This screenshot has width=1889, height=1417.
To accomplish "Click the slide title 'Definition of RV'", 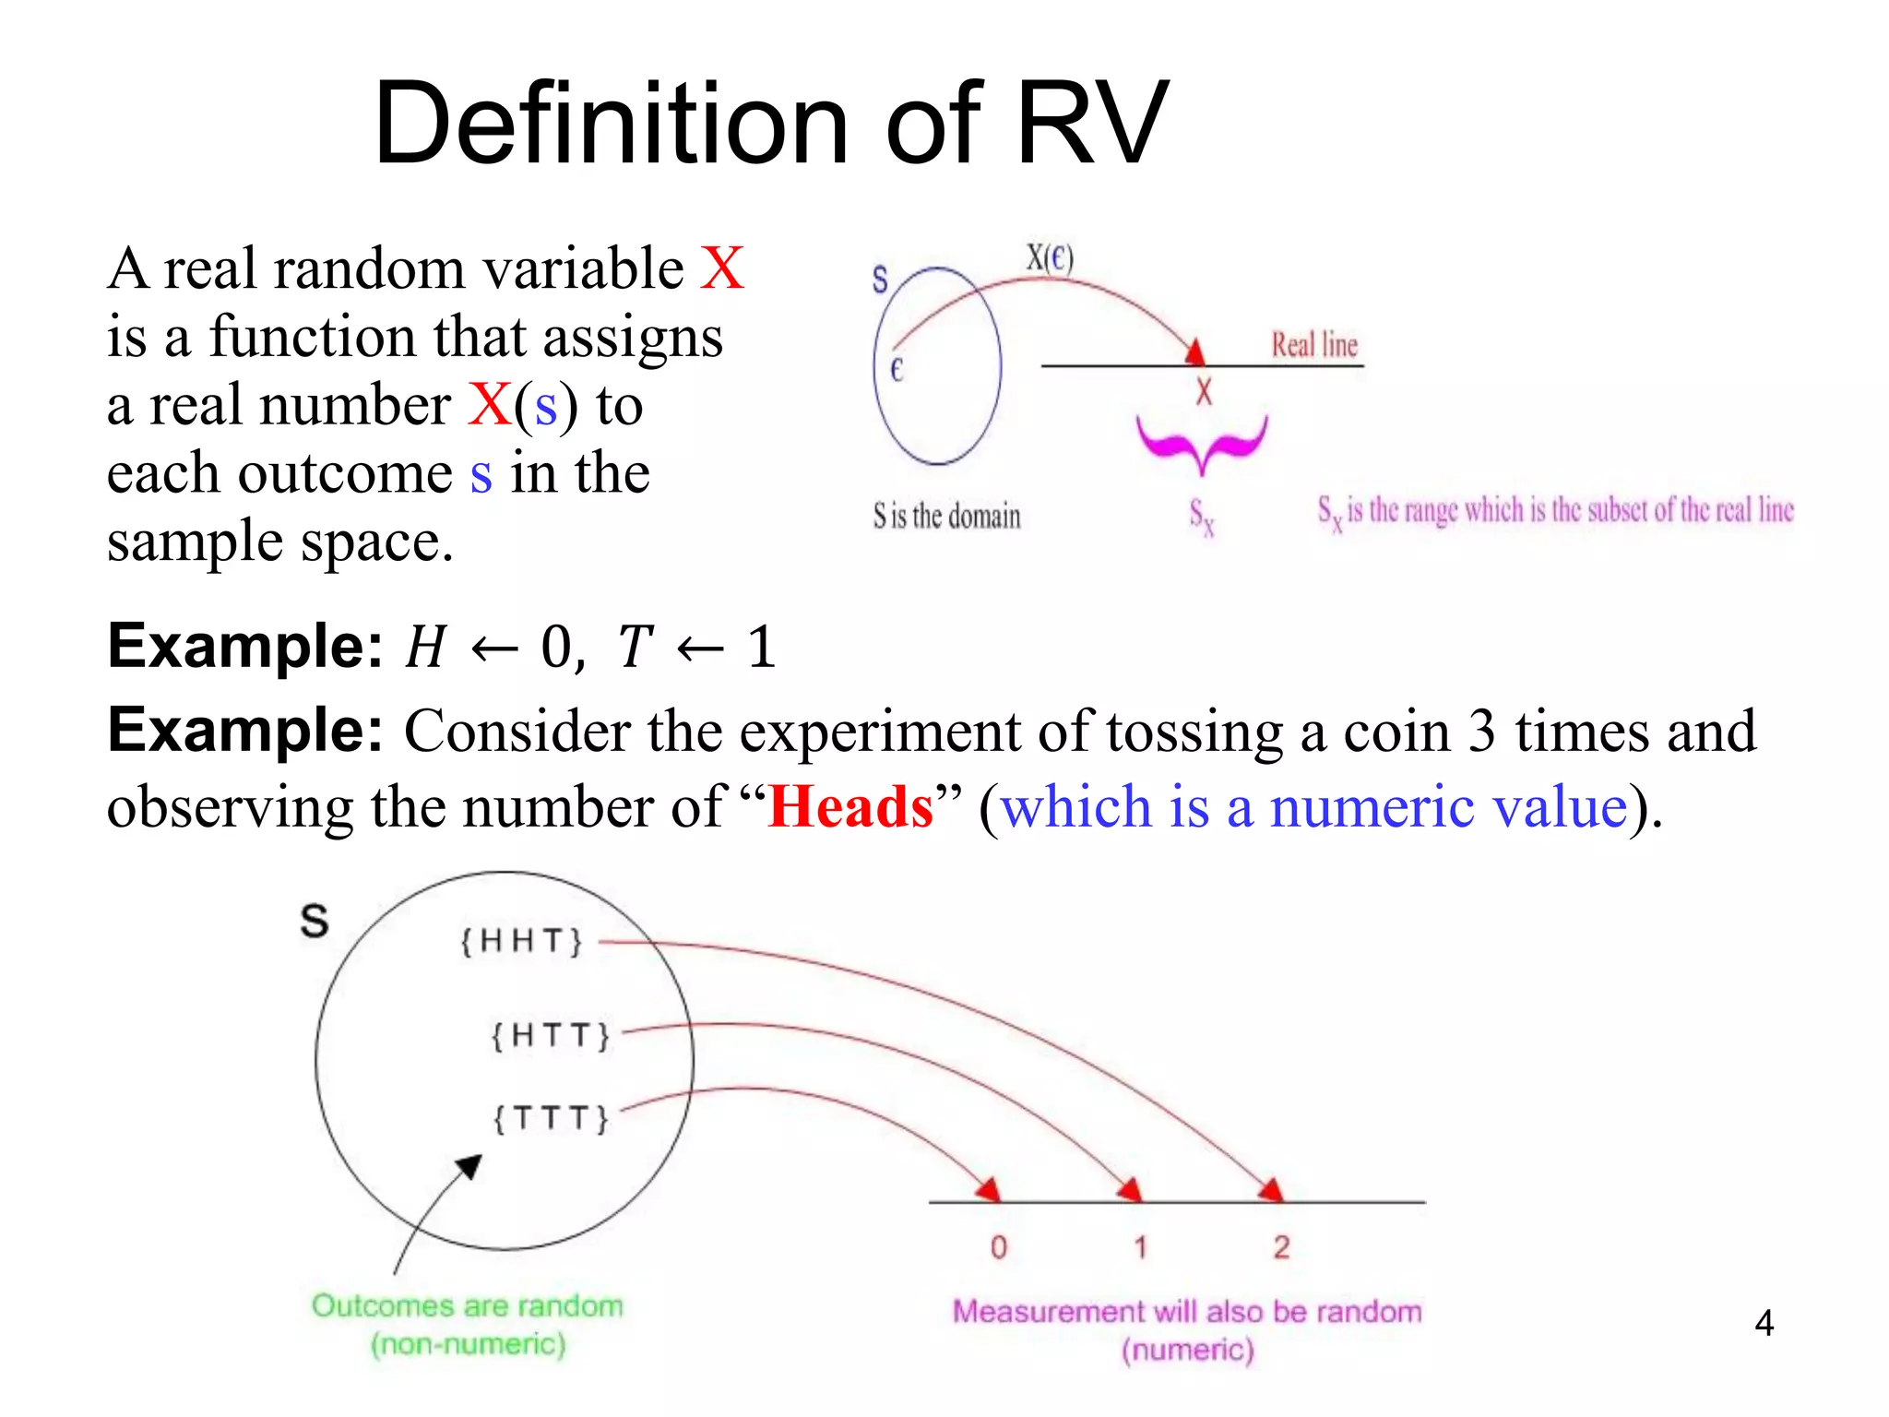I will coord(771,124).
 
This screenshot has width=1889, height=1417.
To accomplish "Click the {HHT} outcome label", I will coord(522,941).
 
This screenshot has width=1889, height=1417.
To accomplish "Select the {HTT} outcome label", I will coord(551,1035).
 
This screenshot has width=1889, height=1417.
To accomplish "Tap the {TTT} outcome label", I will coord(551,1119).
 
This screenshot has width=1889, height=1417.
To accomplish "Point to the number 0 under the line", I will coord(998,1247).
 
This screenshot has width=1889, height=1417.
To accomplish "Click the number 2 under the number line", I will coord(1281,1247).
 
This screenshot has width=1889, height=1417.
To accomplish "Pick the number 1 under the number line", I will coord(1141,1247).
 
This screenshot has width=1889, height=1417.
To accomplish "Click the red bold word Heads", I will coord(850,807).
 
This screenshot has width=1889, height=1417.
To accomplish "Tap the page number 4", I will coord(1764,1324).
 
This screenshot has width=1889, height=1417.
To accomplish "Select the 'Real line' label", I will coord(1314,345).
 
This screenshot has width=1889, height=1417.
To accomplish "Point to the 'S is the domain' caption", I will coord(946,516).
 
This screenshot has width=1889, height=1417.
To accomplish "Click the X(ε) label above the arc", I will coord(1050,257).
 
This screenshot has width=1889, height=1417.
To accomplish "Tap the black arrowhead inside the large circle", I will coord(470,1166).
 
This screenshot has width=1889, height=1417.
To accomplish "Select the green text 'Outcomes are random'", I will coord(468,1305).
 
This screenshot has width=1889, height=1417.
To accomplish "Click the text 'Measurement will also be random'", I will coord(1187,1311).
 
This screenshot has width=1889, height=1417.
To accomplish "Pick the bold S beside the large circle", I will coord(315,921).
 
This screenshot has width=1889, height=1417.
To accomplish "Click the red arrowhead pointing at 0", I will coord(989,1189).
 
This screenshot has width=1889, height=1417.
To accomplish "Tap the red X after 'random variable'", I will coord(721,268).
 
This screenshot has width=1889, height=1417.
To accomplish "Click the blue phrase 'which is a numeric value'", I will coord(1313,807).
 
